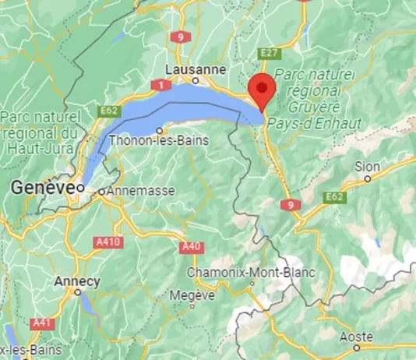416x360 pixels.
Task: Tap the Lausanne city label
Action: (196, 69)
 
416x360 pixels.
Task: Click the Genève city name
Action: (43, 188)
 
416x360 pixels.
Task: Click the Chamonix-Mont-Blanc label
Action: (251, 273)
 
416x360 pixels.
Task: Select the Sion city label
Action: (367, 166)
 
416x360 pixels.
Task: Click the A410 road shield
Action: (109, 242)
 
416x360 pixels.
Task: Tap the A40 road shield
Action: (191, 247)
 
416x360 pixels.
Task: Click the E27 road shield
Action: (270, 52)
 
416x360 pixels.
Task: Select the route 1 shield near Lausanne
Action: (161, 83)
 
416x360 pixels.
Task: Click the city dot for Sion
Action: (368, 178)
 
